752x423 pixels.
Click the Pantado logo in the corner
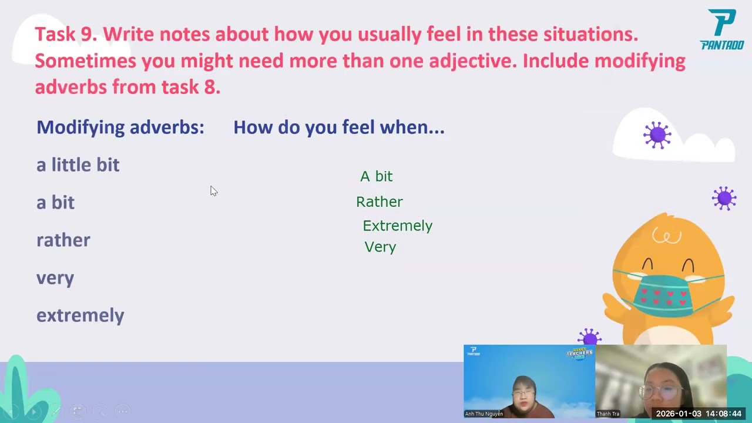tap(722, 29)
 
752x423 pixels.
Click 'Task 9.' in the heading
tap(66, 34)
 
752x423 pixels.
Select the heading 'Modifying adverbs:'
tap(120, 127)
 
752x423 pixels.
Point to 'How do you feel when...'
tap(338, 127)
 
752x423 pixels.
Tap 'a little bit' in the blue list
tap(78, 164)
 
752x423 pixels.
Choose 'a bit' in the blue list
tap(55, 202)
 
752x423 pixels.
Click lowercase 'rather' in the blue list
tap(63, 240)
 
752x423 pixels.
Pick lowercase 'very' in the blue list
tap(55, 278)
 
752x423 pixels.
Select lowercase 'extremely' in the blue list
tap(80, 315)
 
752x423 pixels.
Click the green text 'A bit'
tap(376, 176)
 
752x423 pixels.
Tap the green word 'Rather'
tap(379, 202)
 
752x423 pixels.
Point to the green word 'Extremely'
tap(397, 226)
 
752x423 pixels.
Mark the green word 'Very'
tap(380, 247)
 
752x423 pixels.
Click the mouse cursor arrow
tap(213, 191)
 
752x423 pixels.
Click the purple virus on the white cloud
tap(657, 135)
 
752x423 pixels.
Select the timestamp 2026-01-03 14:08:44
tap(699, 414)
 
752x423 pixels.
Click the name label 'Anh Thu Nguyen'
tap(484, 414)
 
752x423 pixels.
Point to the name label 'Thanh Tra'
tap(607, 414)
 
